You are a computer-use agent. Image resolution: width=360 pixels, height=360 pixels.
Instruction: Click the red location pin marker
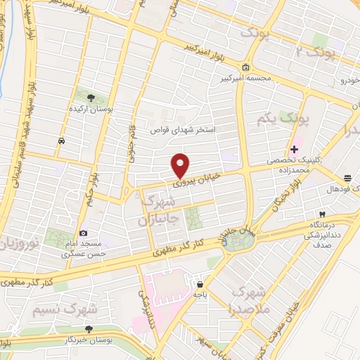pyautogui.click(x=181, y=165)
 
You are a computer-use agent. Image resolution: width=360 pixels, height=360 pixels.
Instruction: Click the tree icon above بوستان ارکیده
pyautogui.click(x=91, y=97)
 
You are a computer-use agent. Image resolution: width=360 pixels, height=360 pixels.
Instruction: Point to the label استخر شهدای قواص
pyautogui.click(x=184, y=130)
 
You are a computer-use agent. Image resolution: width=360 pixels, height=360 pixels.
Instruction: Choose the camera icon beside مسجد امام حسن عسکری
pyautogui.click(x=84, y=233)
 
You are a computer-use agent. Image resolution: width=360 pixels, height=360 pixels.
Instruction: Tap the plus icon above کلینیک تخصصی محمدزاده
pyautogui.click(x=294, y=148)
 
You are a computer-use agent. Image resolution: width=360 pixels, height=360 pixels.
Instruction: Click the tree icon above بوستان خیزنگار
pyautogui.click(x=89, y=328)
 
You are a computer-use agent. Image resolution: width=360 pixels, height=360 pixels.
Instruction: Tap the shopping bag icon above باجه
pyautogui.click(x=201, y=285)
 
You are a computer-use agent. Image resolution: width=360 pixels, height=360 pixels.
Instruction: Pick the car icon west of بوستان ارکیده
pyautogui.click(x=63, y=141)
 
